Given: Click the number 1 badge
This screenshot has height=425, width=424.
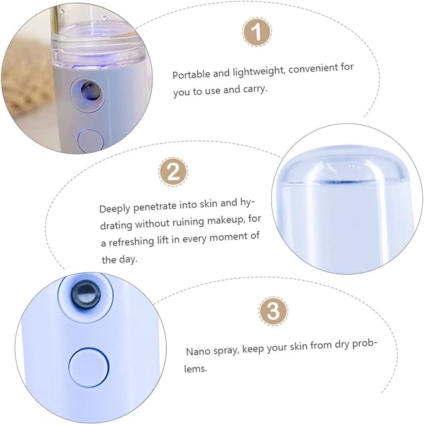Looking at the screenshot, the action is [x=257, y=32].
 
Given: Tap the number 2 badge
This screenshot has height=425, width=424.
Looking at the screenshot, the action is [x=173, y=172].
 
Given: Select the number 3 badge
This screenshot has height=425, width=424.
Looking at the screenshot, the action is [x=273, y=310].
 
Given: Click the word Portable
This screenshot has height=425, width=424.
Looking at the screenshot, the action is [x=192, y=74].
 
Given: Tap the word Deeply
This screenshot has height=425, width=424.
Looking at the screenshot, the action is [x=115, y=209].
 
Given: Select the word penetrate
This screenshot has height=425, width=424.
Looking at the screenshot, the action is [x=155, y=206].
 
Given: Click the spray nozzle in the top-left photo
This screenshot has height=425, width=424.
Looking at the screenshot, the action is [x=88, y=92].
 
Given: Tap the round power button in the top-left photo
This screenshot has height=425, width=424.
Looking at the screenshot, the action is [x=91, y=141].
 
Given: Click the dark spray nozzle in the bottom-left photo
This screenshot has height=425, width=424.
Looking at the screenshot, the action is [x=86, y=295].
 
